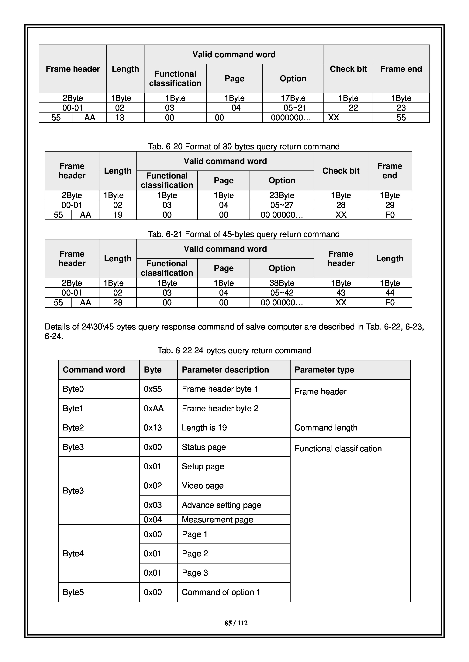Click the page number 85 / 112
pyautogui.click(x=236, y=623)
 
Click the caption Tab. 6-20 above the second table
pyautogui.click(x=244, y=146)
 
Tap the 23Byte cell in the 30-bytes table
pyautogui.click(x=282, y=195)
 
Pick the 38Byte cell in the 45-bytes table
pyautogui.click(x=282, y=283)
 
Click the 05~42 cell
pyautogui.click(x=282, y=293)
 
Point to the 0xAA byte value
pyautogui.click(x=154, y=408)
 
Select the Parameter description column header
pyautogui.click(x=225, y=370)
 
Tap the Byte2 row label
pyautogui.click(x=73, y=428)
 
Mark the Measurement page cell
pyautogui.click(x=217, y=519)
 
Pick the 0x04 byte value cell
pyautogui.click(x=153, y=519)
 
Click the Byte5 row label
pyautogui.click(x=73, y=592)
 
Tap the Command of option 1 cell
pyautogui.click(x=221, y=592)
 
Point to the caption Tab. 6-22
pyautogui.click(x=234, y=350)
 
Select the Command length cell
pyautogui.click(x=326, y=428)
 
